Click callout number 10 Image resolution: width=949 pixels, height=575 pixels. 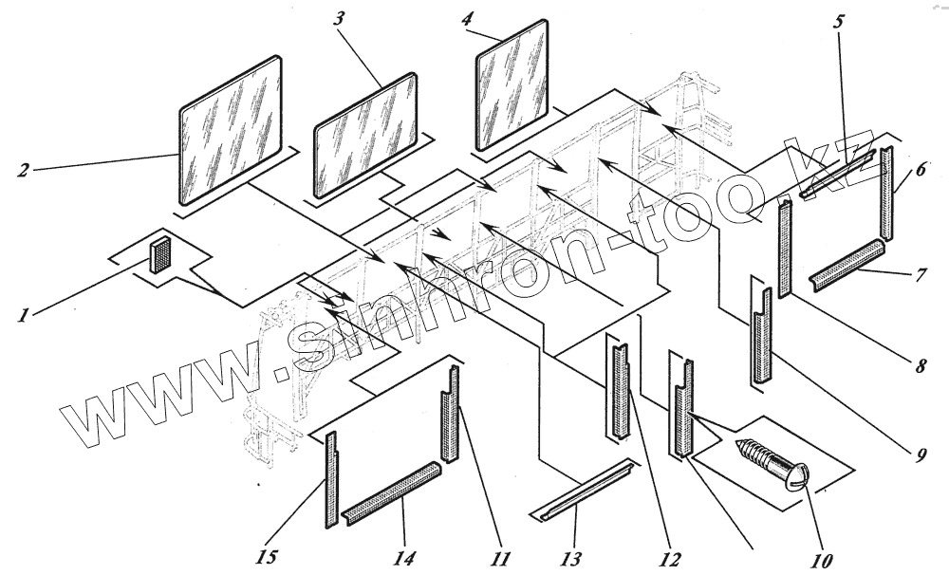click(x=822, y=561)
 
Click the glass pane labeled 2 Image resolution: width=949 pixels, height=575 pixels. click(x=231, y=130)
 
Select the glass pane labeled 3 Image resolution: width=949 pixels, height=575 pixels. click(x=365, y=134)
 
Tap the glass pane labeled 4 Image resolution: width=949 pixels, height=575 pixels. click(x=512, y=84)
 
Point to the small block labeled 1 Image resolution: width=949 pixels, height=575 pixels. click(x=160, y=255)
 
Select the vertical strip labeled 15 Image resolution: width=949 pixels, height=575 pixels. click(x=331, y=480)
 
